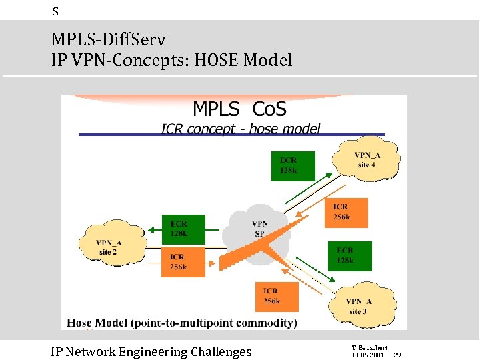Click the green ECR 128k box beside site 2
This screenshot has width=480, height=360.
pyautogui.click(x=183, y=229)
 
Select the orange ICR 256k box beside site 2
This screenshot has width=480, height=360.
pyautogui.click(x=183, y=262)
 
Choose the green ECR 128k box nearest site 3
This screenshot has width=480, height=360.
pyautogui.click(x=350, y=255)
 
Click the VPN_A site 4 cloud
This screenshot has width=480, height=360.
pyautogui.click(x=367, y=160)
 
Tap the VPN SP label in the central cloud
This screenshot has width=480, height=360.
pyautogui.click(x=259, y=229)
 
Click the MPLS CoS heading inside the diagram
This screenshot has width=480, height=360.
pyautogui.click(x=239, y=109)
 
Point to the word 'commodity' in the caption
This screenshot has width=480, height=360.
pyautogui.click(x=262, y=323)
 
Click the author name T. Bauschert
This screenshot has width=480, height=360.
pyautogui.click(x=369, y=347)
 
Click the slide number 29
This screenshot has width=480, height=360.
pyautogui.click(x=397, y=355)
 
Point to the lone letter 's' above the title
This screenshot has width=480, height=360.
pyautogui.click(x=55, y=11)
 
